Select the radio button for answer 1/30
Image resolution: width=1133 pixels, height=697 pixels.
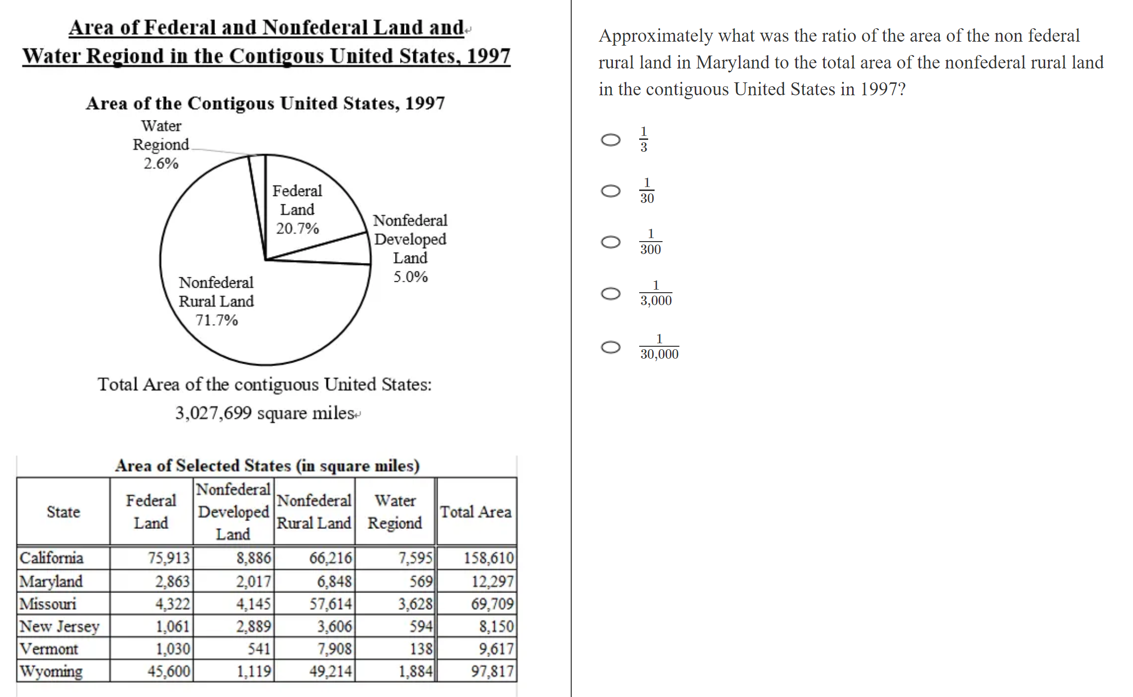610,191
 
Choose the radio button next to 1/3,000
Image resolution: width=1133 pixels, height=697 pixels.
610,294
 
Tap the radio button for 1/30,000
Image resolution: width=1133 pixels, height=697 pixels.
610,347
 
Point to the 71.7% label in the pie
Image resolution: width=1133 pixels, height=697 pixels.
216,320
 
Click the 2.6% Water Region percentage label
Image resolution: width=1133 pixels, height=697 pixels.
161,164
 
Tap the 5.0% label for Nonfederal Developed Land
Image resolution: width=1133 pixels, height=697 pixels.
410,277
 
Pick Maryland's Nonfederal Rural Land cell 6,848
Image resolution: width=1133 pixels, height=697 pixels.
334,581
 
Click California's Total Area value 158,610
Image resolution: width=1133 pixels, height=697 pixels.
488,558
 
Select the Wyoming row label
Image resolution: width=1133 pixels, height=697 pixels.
51,671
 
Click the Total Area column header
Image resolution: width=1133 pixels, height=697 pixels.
475,512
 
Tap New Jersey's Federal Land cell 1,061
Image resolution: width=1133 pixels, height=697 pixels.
172,627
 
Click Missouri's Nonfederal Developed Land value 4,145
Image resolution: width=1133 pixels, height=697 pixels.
253,604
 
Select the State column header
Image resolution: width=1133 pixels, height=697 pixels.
63,512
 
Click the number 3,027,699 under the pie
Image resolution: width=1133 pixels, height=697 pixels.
213,413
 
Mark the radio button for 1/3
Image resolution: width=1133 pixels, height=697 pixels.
610,140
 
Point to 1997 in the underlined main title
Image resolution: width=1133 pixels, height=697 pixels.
488,56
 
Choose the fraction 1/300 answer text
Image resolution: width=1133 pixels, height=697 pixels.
650,242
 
